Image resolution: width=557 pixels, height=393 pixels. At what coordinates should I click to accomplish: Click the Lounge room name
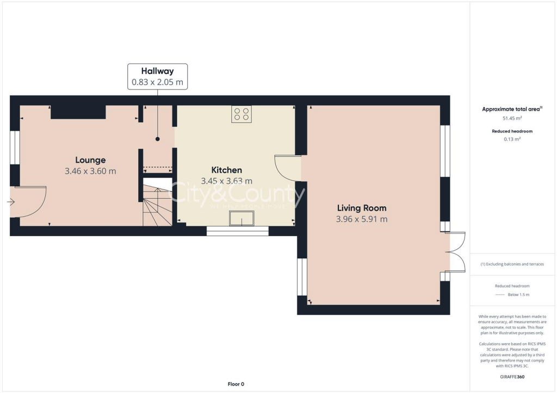(x=90, y=160)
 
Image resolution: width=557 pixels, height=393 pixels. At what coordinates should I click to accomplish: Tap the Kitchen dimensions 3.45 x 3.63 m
(x=226, y=181)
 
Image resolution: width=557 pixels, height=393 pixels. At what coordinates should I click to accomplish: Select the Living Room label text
(x=362, y=208)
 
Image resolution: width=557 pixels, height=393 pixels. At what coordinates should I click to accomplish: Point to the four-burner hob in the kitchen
(x=242, y=114)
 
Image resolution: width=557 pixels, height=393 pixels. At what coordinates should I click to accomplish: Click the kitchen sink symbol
(x=242, y=218)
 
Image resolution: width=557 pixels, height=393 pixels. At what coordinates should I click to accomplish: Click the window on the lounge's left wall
(x=15, y=147)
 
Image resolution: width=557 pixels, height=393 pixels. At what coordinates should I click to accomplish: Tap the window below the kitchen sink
(x=238, y=231)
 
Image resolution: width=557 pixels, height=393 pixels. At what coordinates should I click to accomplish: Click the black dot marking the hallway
(x=158, y=139)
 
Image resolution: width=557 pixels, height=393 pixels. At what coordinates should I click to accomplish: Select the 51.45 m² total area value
(x=512, y=118)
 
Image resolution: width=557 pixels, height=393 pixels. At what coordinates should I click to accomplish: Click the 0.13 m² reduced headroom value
(x=512, y=139)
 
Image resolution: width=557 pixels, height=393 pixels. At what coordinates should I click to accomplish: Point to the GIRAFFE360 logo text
(x=512, y=377)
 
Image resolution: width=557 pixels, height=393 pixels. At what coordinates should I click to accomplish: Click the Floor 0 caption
(x=236, y=384)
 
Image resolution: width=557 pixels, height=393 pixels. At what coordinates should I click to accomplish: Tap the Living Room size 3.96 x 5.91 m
(x=362, y=219)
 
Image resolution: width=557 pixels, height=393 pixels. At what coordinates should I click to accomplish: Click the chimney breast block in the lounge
(x=78, y=112)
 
